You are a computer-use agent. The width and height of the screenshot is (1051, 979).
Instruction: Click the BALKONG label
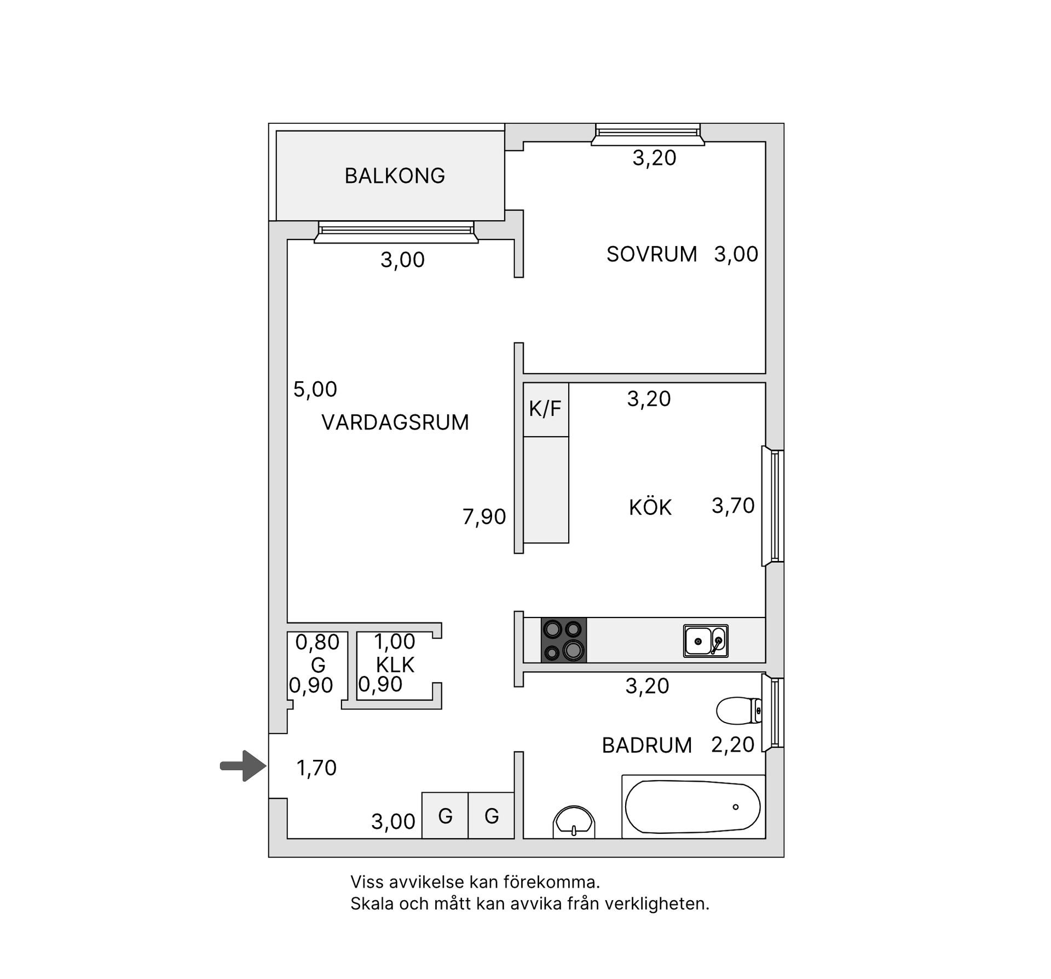click(x=394, y=176)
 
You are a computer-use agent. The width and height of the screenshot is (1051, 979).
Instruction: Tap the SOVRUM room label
click(x=651, y=254)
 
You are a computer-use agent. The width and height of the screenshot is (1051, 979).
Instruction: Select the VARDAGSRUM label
click(x=395, y=422)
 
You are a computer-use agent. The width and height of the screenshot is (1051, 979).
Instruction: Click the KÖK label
click(x=650, y=507)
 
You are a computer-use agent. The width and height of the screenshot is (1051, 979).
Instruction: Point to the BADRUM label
click(x=646, y=745)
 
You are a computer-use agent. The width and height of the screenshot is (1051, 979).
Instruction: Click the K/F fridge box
click(x=546, y=409)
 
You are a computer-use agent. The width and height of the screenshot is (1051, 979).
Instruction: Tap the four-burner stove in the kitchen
click(x=563, y=640)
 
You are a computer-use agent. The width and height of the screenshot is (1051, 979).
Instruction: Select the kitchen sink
click(x=706, y=640)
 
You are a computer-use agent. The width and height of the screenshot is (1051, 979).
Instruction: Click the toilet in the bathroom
click(x=738, y=710)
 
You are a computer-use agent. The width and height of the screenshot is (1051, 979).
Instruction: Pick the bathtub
click(x=692, y=807)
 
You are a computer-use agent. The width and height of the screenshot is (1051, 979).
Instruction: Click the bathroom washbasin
click(x=574, y=823)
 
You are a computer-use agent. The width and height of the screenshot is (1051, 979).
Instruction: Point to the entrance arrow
click(x=243, y=765)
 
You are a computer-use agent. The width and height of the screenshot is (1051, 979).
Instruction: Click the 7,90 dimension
click(x=484, y=517)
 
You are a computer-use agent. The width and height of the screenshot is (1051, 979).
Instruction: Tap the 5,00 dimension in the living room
click(x=315, y=390)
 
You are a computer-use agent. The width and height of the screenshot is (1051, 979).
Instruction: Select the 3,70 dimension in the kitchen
click(x=733, y=506)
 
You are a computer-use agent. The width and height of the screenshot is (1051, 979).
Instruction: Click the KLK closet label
click(x=395, y=665)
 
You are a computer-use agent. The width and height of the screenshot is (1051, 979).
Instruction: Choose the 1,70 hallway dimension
click(x=316, y=768)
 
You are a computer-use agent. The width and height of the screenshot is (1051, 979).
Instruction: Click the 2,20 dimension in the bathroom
click(x=732, y=745)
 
